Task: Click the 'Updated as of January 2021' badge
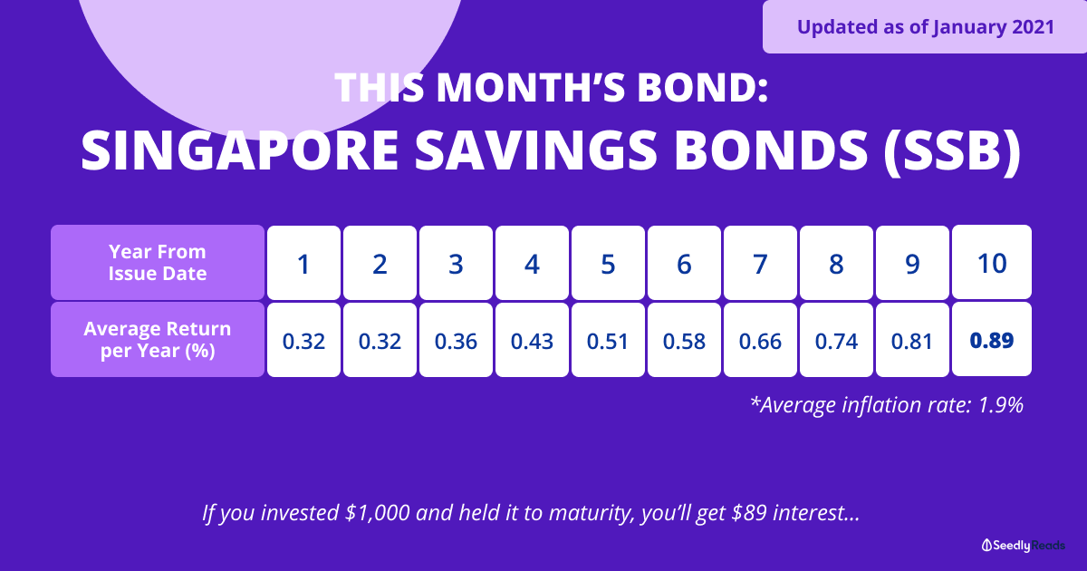925,26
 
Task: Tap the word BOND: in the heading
703,88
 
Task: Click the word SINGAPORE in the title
240,150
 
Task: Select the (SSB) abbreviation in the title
953,151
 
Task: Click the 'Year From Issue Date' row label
158,262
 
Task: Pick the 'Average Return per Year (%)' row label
158,339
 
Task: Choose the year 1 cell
303,263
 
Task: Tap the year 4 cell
532,263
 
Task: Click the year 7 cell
760,263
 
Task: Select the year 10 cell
992,262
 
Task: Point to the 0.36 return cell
457,340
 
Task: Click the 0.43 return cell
532,340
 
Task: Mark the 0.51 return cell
608,340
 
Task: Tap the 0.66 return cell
760,340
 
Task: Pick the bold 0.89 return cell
992,339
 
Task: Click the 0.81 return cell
912,340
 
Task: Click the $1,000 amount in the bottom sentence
377,513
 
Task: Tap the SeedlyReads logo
1023,546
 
